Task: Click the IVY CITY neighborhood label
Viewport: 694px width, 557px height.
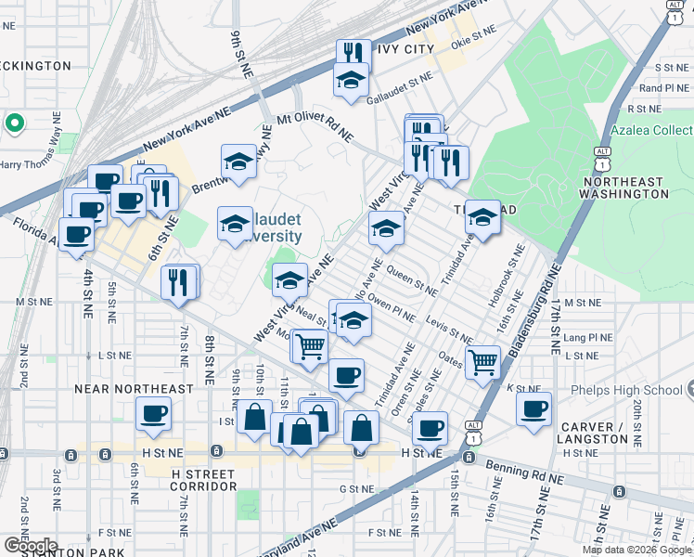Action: click(x=405, y=48)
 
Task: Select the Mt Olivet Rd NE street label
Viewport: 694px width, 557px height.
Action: click(x=315, y=128)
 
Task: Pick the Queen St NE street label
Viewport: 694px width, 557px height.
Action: click(x=414, y=279)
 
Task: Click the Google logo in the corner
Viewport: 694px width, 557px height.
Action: click(x=30, y=546)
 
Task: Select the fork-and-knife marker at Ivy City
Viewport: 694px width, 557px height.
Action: click(x=353, y=53)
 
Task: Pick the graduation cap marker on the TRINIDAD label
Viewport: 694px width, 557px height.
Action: click(x=482, y=217)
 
